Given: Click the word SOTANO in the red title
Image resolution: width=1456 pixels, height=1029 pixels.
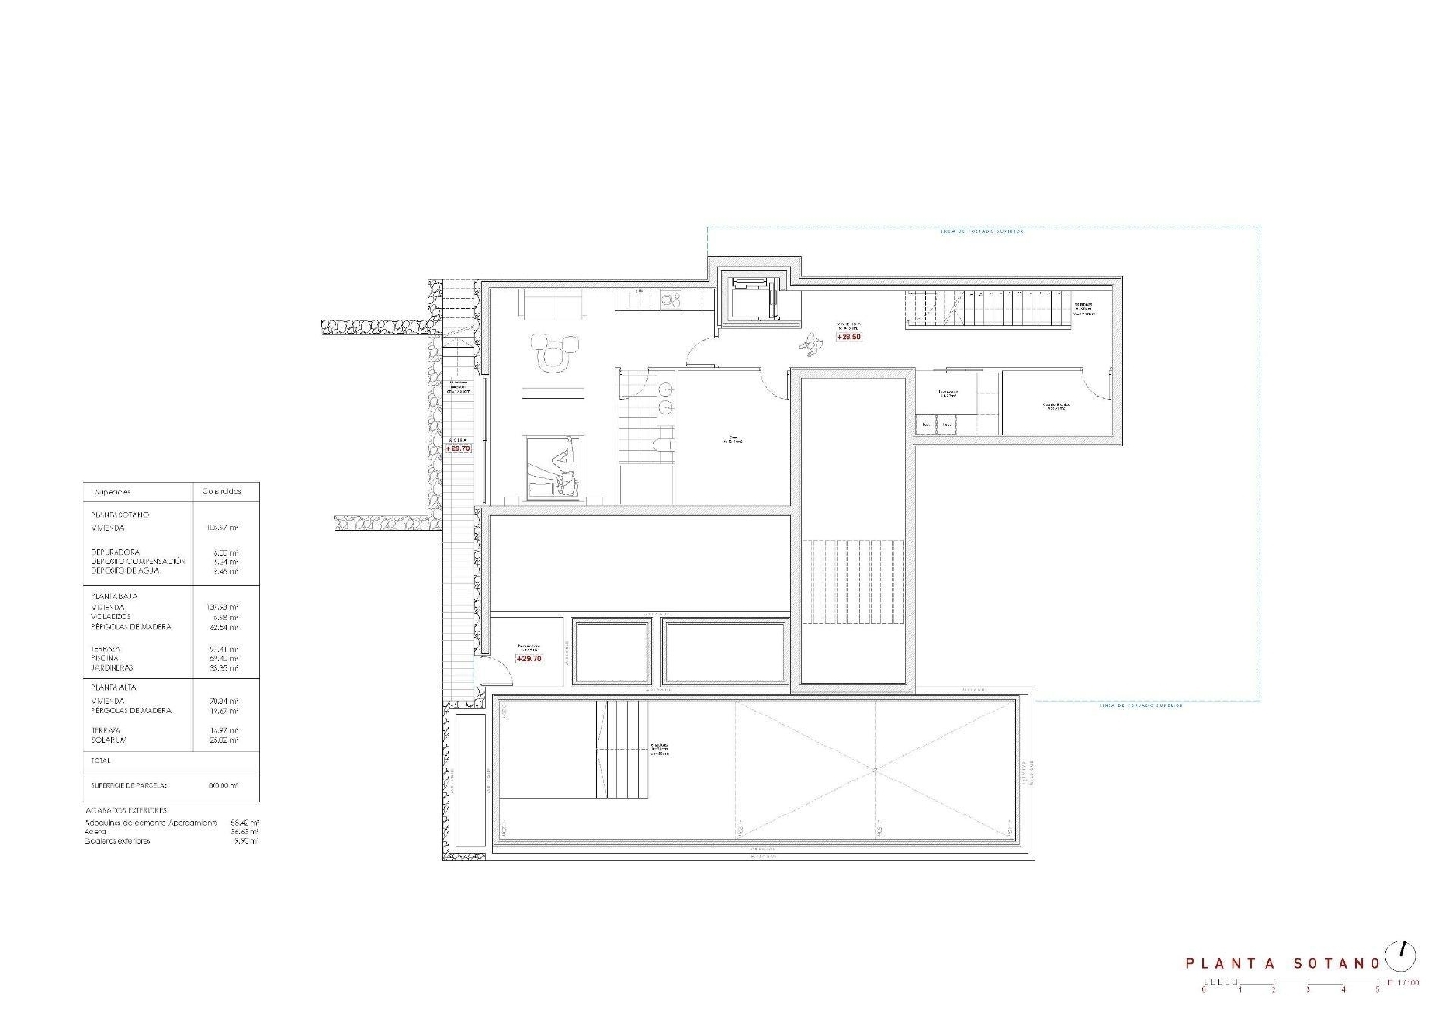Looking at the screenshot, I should click(x=1337, y=964).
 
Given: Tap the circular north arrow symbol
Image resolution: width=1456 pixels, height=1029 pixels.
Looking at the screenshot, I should click(x=1400, y=955).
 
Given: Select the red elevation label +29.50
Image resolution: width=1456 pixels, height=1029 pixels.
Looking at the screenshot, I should click(x=847, y=336).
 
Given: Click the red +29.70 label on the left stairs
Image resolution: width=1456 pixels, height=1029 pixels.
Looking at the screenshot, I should click(x=458, y=448).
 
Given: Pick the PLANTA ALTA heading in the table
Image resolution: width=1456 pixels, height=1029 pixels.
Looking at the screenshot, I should click(x=114, y=687).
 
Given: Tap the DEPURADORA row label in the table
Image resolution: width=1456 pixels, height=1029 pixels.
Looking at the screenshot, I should click(x=116, y=552).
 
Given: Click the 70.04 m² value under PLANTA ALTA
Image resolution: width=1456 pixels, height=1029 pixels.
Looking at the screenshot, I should click(x=222, y=700).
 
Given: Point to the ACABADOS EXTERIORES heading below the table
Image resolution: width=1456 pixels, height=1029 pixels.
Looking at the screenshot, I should click(x=126, y=810).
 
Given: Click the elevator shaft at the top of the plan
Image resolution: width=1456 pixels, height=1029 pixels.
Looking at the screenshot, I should click(x=750, y=299).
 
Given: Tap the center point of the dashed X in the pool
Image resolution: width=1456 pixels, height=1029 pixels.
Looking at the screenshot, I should click(x=876, y=770).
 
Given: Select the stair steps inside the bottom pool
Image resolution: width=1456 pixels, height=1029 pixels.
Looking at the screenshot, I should click(x=621, y=749).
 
